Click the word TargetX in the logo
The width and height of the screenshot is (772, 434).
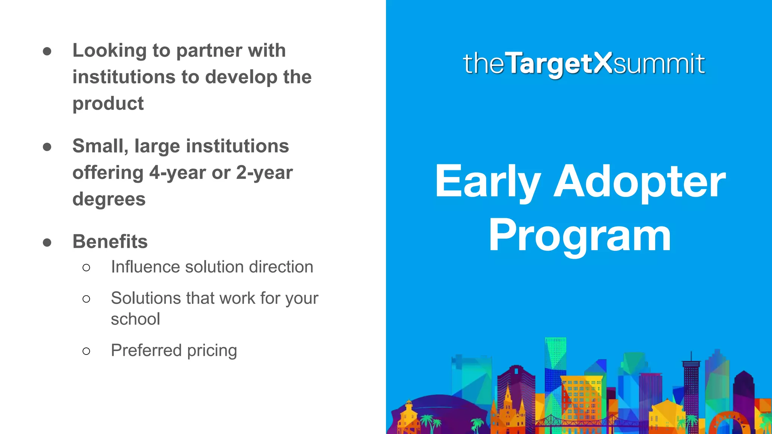(x=559, y=63)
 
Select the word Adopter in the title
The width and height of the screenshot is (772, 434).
(x=639, y=182)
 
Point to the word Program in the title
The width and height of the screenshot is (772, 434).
(x=580, y=236)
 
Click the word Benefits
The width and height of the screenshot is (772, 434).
(x=110, y=241)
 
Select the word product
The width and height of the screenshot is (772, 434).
(x=108, y=104)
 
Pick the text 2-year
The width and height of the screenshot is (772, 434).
(x=264, y=173)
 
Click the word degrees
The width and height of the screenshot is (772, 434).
(x=109, y=199)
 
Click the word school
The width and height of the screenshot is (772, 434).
(x=135, y=319)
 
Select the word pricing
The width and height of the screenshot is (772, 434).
(x=212, y=350)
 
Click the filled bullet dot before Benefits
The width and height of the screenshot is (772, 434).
(x=47, y=242)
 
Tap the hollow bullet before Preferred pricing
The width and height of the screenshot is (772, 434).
(x=86, y=351)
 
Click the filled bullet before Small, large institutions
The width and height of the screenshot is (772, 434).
(x=47, y=147)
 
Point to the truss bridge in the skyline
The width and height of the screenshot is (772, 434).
(x=577, y=421)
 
